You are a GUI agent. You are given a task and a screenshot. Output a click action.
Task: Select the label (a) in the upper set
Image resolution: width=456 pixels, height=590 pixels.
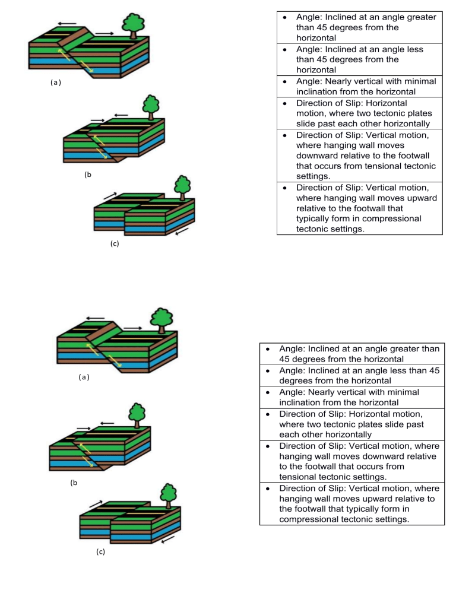coord(52,83)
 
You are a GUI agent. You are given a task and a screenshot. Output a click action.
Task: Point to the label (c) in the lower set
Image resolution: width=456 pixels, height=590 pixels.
coord(101,551)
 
